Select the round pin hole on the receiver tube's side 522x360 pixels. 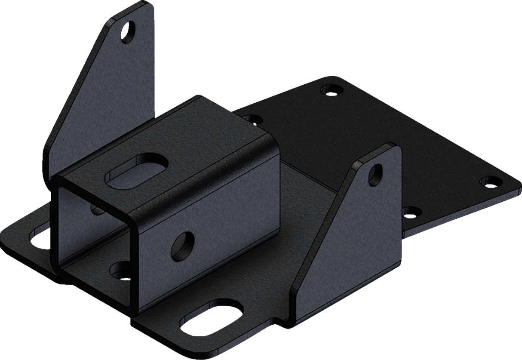click(x=184, y=246)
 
